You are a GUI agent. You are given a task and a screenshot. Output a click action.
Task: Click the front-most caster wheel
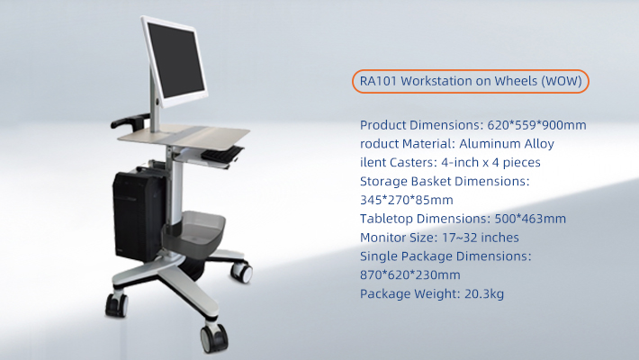(x=213, y=338)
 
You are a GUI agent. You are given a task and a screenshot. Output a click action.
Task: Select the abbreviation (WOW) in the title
(x=564, y=81)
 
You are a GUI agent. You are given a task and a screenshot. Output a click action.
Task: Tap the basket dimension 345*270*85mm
(x=406, y=200)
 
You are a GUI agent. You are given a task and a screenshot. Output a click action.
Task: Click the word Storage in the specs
(x=384, y=181)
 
